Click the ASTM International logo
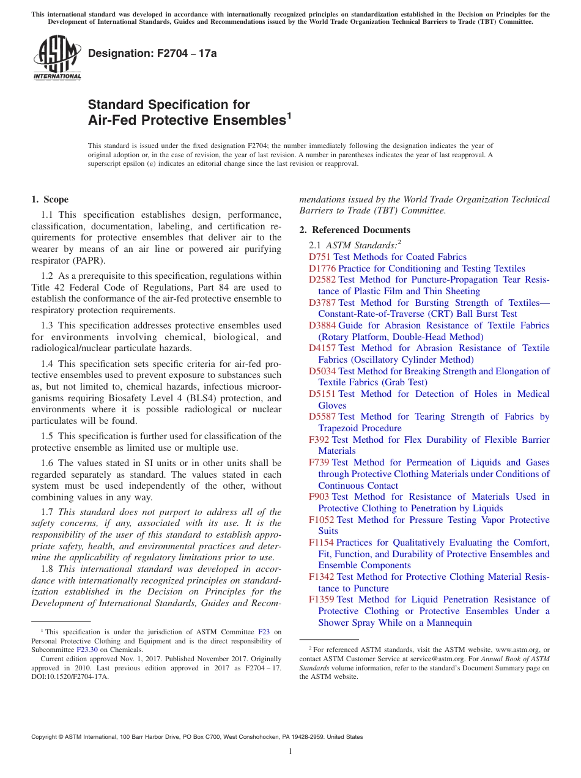click(x=56, y=58)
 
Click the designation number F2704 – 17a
click(x=152, y=53)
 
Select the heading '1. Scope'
click(x=50, y=199)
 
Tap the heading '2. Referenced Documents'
click(x=355, y=230)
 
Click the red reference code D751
click(x=320, y=257)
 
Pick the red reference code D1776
click(x=322, y=269)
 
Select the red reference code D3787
click(x=322, y=303)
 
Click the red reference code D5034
click(x=322, y=371)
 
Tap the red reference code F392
click(x=319, y=440)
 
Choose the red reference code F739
click(x=319, y=462)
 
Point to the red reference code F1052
click(x=322, y=520)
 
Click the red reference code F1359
click(x=322, y=599)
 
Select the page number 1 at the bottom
click(x=290, y=752)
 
